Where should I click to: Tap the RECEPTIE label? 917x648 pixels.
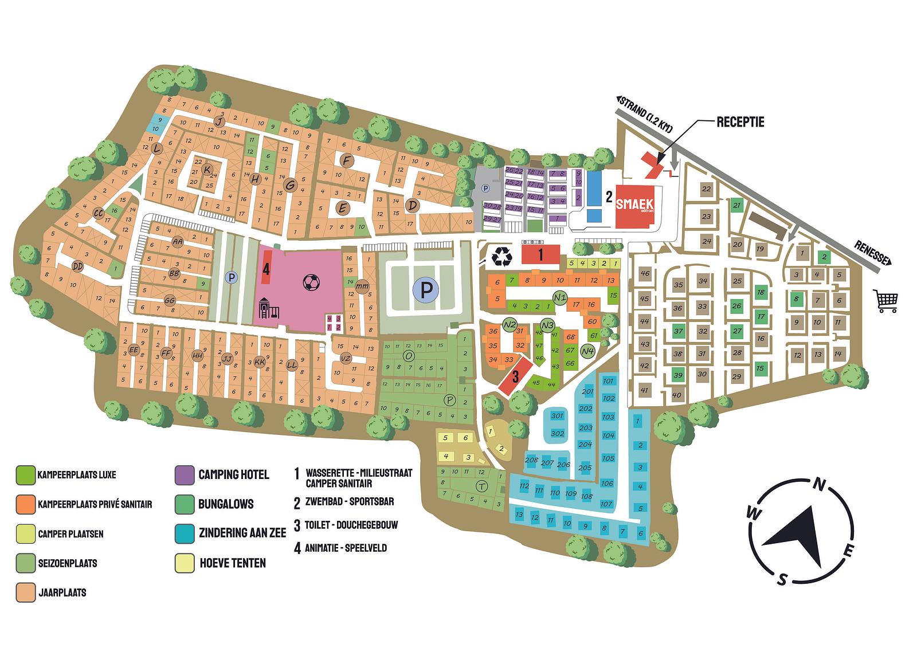click(x=740, y=122)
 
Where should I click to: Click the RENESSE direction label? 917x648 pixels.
click(x=871, y=252)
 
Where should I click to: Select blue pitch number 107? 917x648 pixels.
click(x=607, y=504)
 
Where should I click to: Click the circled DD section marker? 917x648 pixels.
click(x=78, y=266)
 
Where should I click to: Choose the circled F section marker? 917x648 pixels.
click(x=346, y=160)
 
